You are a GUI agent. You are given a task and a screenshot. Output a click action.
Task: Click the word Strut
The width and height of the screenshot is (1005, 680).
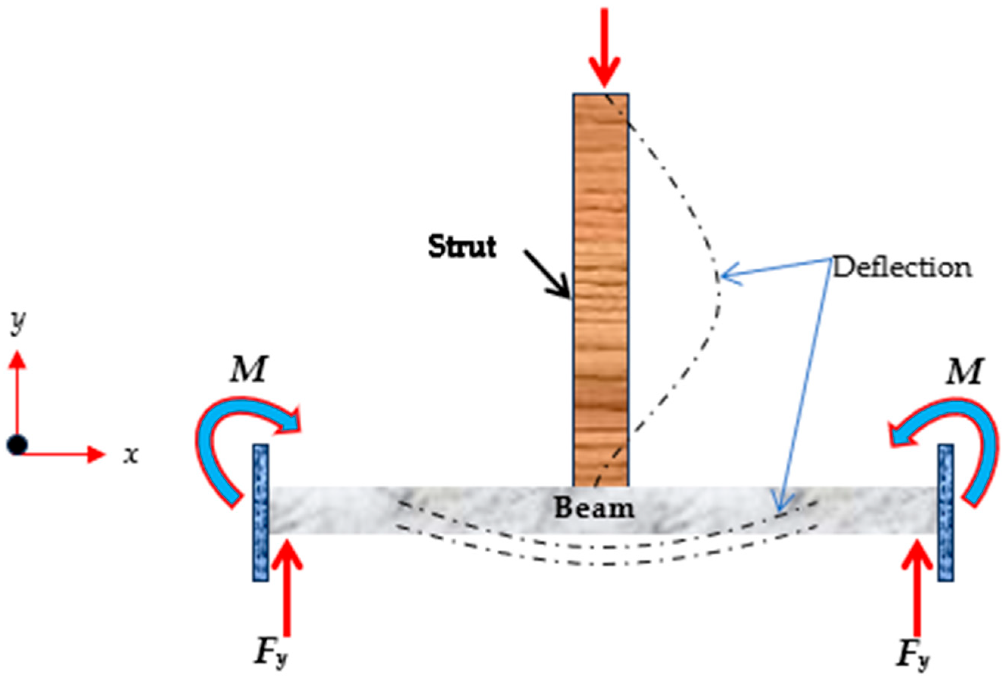click(462, 247)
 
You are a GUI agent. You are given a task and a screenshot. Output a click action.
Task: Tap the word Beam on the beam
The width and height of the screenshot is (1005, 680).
click(594, 508)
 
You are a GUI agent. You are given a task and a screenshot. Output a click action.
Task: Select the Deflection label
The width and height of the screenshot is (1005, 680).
click(902, 268)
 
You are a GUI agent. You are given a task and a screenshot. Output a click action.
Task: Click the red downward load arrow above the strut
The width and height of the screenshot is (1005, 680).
click(604, 48)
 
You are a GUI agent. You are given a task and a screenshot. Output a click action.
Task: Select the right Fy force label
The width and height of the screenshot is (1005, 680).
click(913, 653)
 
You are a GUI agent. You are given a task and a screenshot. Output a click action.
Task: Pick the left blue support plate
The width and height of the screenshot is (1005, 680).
click(260, 512)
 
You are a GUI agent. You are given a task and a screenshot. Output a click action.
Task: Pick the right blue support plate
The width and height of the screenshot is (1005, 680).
click(946, 512)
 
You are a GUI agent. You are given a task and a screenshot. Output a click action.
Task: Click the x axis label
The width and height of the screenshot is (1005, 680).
click(130, 455)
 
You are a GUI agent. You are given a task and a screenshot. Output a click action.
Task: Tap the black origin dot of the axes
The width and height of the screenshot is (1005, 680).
click(17, 444)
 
